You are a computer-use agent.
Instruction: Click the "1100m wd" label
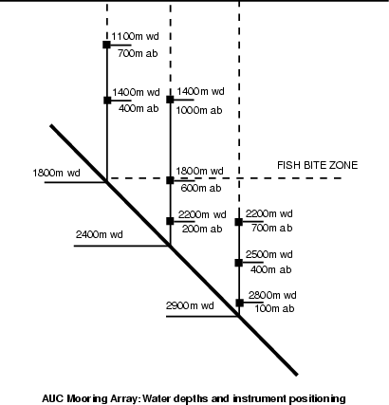point(135,36)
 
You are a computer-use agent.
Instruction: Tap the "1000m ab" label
point(199,110)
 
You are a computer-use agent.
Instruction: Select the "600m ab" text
point(201,188)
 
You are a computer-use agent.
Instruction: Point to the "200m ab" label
point(202,229)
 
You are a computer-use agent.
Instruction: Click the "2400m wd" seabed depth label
point(100,234)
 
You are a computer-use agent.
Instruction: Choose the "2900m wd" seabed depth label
point(190,305)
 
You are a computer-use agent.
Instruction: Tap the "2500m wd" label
point(269,254)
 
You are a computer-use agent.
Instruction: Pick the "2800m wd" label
point(272,295)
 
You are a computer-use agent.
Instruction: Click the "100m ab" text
point(274,308)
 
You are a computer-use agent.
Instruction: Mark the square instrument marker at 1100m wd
point(106,45)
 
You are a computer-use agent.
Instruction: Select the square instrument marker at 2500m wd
point(239,263)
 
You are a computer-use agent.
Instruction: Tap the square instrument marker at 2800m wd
point(240,303)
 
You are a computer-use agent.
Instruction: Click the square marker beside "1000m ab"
point(170,100)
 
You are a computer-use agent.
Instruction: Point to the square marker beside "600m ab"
point(170,180)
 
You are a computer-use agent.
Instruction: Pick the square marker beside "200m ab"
point(170,221)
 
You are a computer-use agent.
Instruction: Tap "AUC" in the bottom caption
point(53,398)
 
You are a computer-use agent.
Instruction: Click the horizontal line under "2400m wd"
point(122,246)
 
